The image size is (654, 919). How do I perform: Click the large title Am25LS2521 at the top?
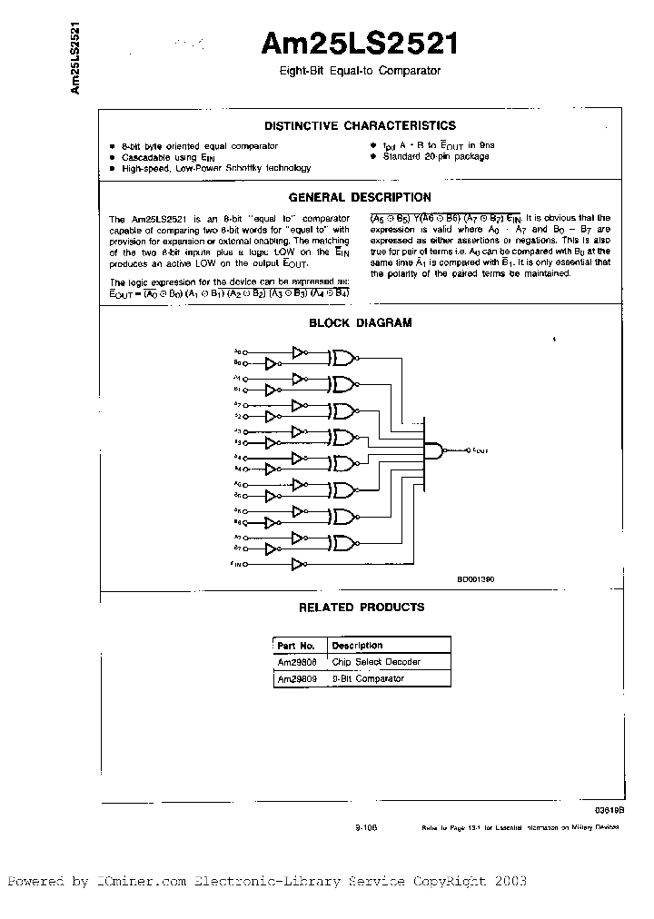[x=361, y=45]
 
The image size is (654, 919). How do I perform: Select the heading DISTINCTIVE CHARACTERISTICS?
[x=360, y=126]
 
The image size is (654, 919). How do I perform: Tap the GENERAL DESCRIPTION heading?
[x=360, y=197]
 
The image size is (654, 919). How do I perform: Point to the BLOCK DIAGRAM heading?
[x=360, y=322]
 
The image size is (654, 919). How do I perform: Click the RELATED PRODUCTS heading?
[x=361, y=607]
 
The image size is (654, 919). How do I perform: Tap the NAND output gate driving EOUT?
[x=440, y=450]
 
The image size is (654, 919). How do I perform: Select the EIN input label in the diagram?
[x=236, y=564]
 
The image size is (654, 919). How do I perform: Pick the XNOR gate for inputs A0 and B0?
[x=343, y=357]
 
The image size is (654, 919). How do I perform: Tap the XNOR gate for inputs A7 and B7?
[x=343, y=542]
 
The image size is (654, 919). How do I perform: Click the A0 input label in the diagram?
[x=237, y=351]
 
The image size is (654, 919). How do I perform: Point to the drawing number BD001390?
[x=475, y=578]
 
